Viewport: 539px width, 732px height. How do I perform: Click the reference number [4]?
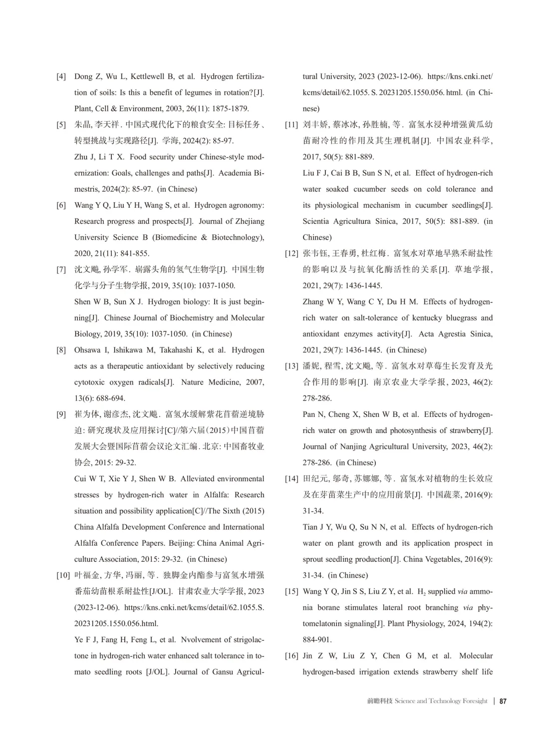click(61, 76)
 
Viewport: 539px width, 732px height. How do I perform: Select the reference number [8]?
click(61, 350)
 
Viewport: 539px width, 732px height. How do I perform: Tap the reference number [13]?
click(291, 366)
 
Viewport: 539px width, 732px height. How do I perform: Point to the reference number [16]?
click(291, 656)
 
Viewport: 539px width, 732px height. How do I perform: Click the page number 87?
click(503, 701)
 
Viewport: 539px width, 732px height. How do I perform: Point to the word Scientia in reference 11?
click(316, 221)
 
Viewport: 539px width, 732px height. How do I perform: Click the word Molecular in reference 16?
click(476, 656)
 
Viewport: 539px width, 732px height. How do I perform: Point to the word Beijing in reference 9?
click(182, 543)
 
